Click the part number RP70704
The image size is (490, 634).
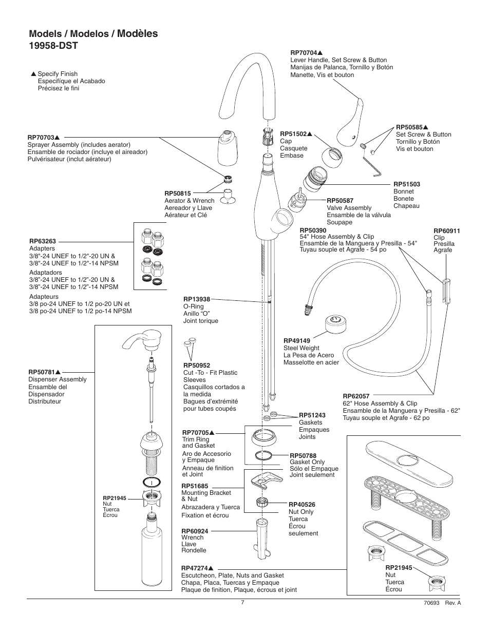click(x=304, y=52)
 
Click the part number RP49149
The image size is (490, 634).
click(x=297, y=340)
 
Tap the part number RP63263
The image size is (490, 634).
click(x=42, y=241)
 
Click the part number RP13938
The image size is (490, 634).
click(x=197, y=299)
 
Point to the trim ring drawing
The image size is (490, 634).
click(x=268, y=436)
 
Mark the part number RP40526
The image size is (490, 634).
click(x=301, y=505)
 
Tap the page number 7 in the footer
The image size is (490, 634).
click(x=242, y=603)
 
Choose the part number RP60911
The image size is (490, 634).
click(x=446, y=231)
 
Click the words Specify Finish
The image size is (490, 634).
click(x=58, y=74)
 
